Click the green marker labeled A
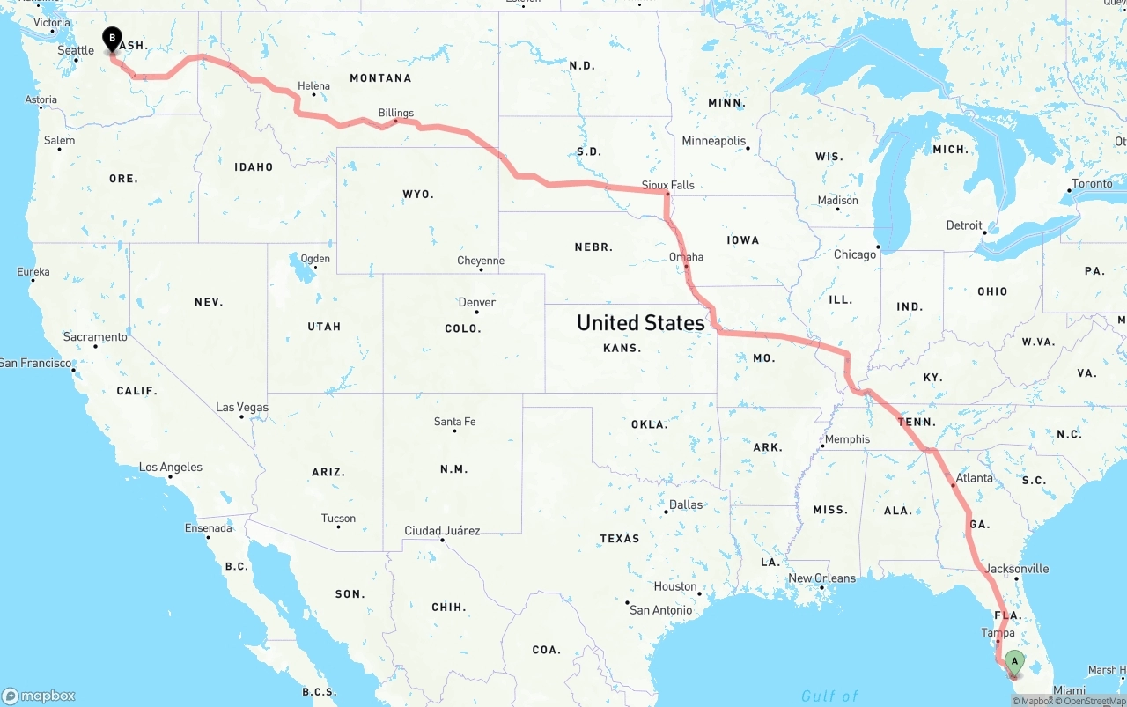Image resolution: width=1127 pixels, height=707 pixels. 1013,661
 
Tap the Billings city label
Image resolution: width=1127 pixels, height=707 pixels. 395,113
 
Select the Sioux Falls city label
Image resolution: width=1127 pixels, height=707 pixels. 668,185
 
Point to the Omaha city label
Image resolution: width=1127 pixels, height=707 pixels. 686,257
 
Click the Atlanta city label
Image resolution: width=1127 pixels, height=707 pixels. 974,478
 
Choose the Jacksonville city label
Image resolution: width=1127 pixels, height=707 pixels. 1017,568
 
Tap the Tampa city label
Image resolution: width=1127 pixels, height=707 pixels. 998,632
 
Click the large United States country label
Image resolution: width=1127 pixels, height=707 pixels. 640,322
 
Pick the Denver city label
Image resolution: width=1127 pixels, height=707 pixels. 477,302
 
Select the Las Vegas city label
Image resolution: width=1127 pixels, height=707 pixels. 242,408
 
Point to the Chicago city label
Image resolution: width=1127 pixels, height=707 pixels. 855,254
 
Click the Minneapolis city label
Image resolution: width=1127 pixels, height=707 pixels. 713,141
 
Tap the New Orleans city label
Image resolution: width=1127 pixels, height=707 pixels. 821,578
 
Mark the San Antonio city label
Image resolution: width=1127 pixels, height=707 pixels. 660,609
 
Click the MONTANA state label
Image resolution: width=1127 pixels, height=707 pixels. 380,78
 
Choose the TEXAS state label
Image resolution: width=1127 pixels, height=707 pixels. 620,538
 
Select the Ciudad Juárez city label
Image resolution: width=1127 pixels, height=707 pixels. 442,531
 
